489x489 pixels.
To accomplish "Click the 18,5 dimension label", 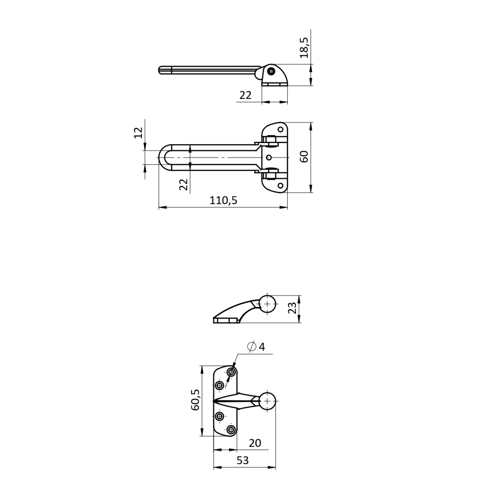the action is [304, 48].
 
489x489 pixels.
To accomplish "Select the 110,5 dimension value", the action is [223, 200].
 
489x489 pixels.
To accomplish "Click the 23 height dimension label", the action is [292, 308].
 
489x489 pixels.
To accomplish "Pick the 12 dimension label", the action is [138, 133].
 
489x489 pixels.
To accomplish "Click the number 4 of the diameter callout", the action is [262, 347].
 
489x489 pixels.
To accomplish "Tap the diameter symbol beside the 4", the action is [252, 346].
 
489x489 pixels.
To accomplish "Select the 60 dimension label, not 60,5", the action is [304, 156].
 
